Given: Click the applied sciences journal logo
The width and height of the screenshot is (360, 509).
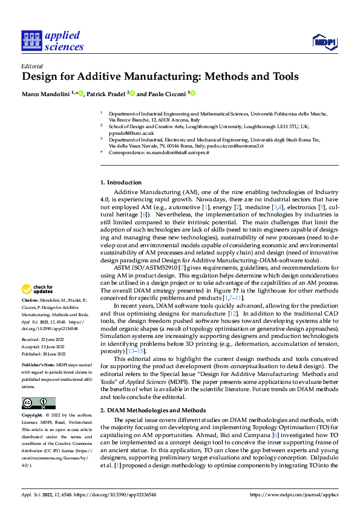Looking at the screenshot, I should pos(52,41).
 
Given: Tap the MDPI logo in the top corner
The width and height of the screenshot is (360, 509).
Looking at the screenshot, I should pos(324,41).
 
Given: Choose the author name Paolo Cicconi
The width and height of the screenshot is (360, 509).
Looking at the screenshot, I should pos(165,94).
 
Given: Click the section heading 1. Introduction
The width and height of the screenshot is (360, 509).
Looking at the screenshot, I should pos(121,182).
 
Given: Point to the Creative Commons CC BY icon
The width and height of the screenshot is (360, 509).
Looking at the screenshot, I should pos(38,403).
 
